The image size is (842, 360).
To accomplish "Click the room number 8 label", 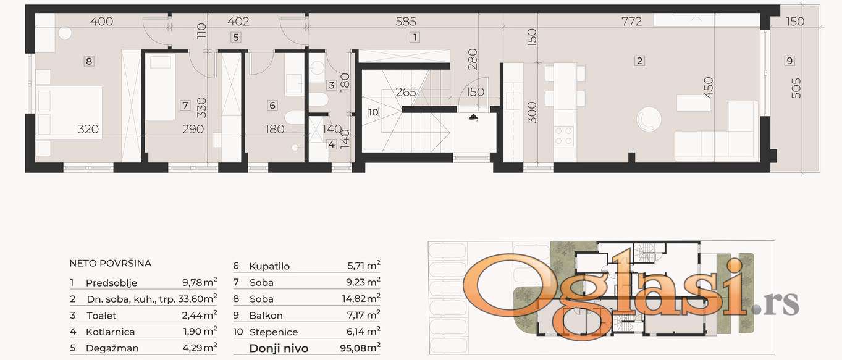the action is click(x=89, y=61).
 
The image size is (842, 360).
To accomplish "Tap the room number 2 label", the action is click(x=639, y=61).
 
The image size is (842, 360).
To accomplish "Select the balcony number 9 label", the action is click(x=789, y=61).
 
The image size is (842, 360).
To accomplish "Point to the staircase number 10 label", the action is click(x=373, y=112).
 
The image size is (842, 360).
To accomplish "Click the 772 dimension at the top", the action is click(x=631, y=22).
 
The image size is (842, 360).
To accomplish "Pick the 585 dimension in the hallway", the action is click(x=406, y=22).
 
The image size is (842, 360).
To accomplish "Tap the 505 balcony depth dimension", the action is click(x=796, y=88).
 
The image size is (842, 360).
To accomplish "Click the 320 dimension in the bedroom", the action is click(x=88, y=129).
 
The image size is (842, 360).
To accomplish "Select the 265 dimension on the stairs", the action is click(x=406, y=92).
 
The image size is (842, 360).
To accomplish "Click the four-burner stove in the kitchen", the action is click(x=564, y=136).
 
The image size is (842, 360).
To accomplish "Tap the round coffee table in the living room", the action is click(x=649, y=119).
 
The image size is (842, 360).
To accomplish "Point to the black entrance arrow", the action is click(x=473, y=117).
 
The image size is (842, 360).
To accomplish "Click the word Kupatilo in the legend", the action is click(x=269, y=266).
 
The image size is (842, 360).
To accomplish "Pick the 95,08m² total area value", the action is click(x=360, y=348).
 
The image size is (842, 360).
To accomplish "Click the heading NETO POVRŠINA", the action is click(x=111, y=263).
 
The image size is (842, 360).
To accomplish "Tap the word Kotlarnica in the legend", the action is click(x=111, y=332).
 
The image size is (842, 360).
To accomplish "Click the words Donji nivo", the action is click(x=279, y=348).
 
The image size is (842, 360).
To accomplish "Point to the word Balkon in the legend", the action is click(x=266, y=316).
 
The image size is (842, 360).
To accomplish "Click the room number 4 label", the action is click(x=331, y=144).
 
